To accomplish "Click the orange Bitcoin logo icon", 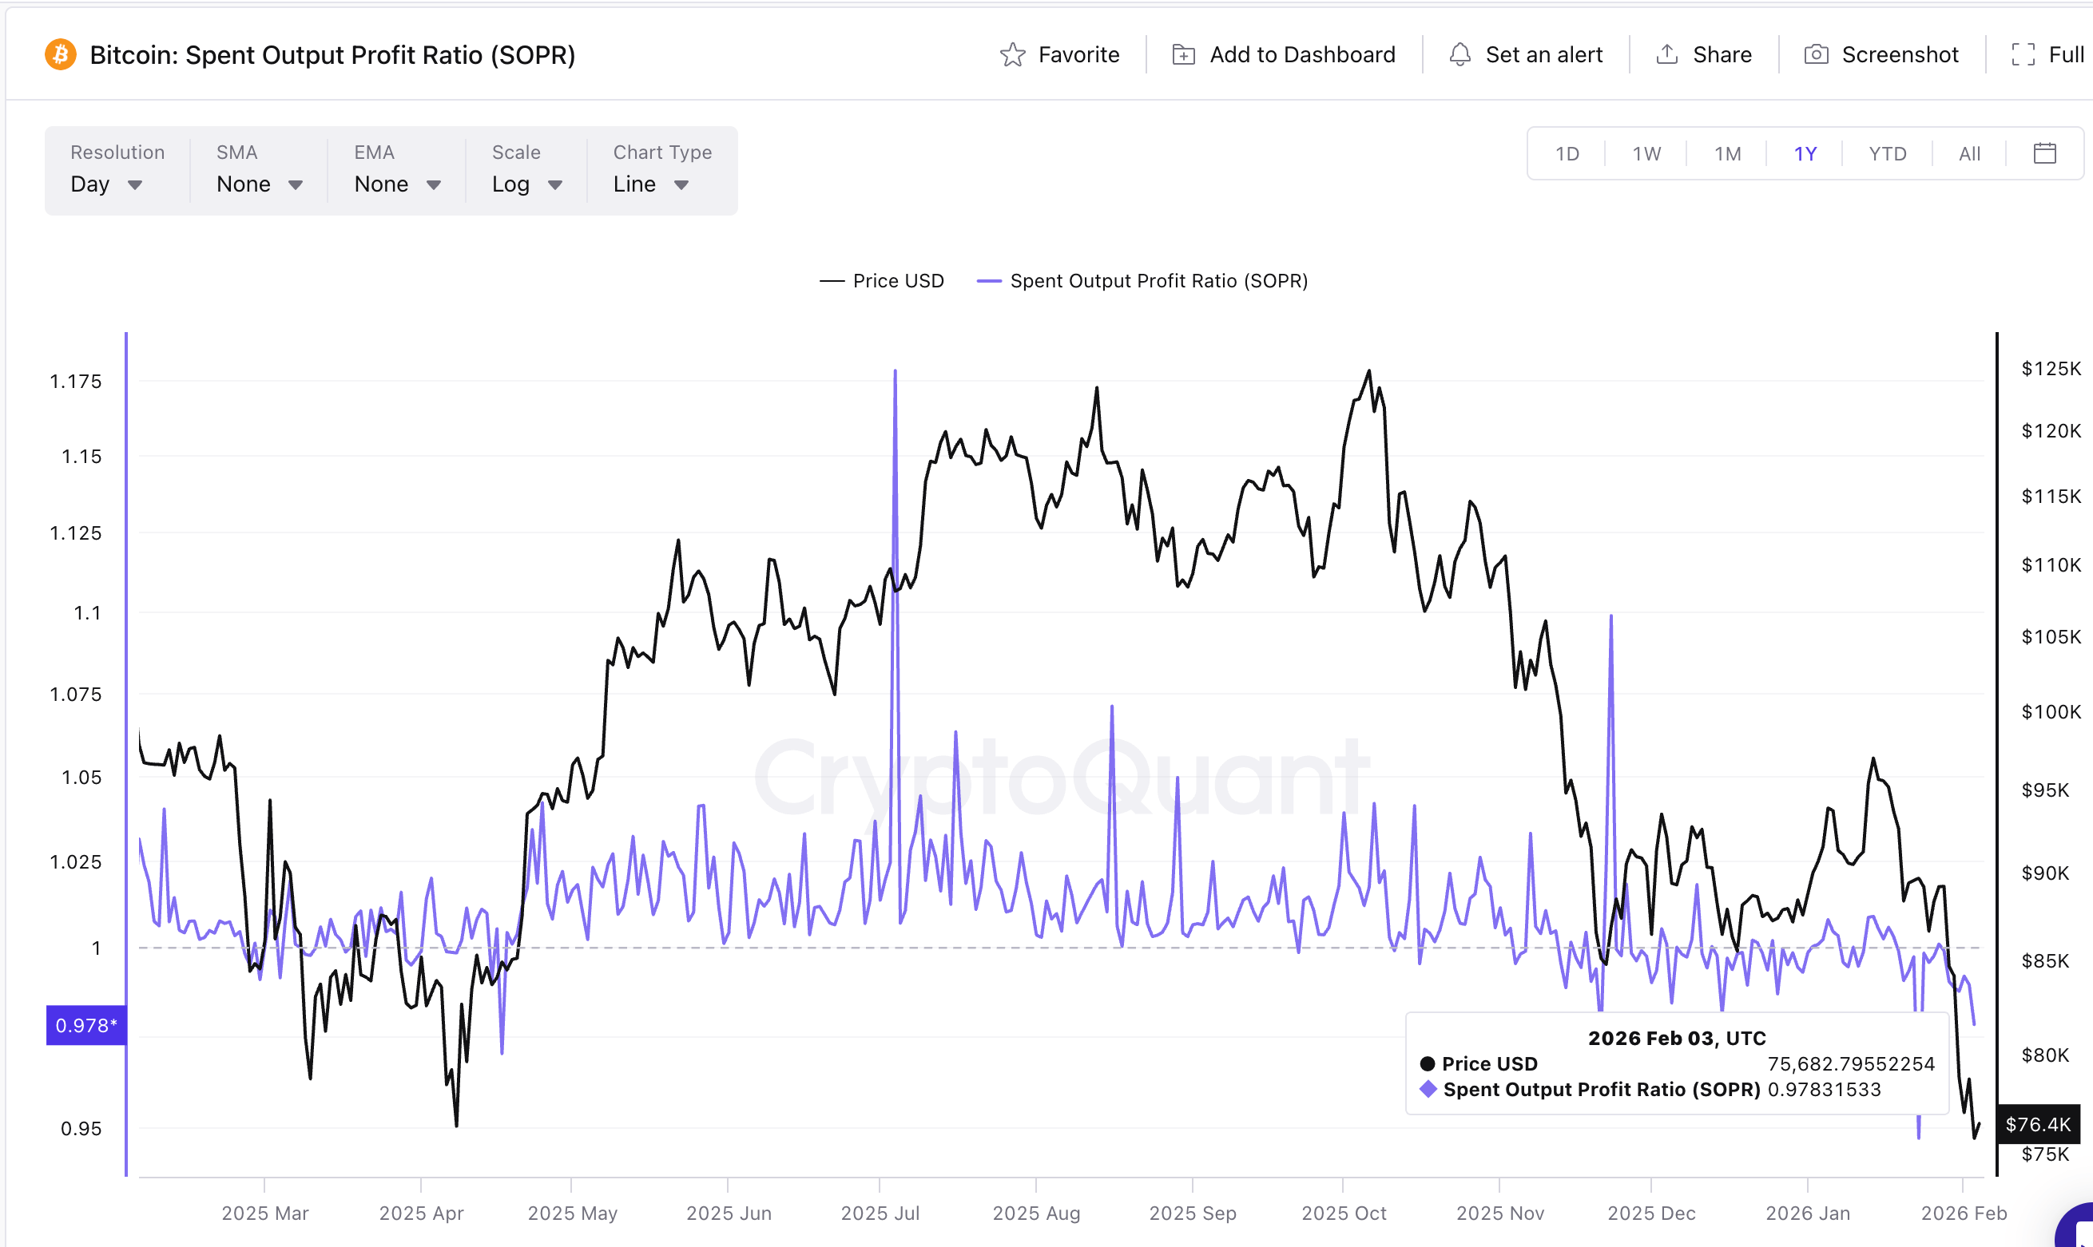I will [61, 54].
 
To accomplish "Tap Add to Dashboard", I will [1284, 54].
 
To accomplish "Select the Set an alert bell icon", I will [1460, 54].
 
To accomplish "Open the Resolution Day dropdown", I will [106, 184].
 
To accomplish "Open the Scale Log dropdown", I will [526, 184].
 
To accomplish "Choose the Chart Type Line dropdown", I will [650, 184].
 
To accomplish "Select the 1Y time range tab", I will [1805, 154].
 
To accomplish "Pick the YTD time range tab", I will [1887, 154].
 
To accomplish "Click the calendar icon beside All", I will [2044, 154].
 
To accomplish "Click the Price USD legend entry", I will [882, 281].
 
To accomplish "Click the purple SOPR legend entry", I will [1142, 281].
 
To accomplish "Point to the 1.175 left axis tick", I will [76, 382].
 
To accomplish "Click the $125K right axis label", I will [2050, 368].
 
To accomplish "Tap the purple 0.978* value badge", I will [85, 1025].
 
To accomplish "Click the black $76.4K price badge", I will [2038, 1124].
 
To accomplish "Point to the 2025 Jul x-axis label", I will [880, 1213].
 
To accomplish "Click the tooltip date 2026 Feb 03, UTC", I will [1676, 1038].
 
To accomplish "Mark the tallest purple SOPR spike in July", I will [896, 372].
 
